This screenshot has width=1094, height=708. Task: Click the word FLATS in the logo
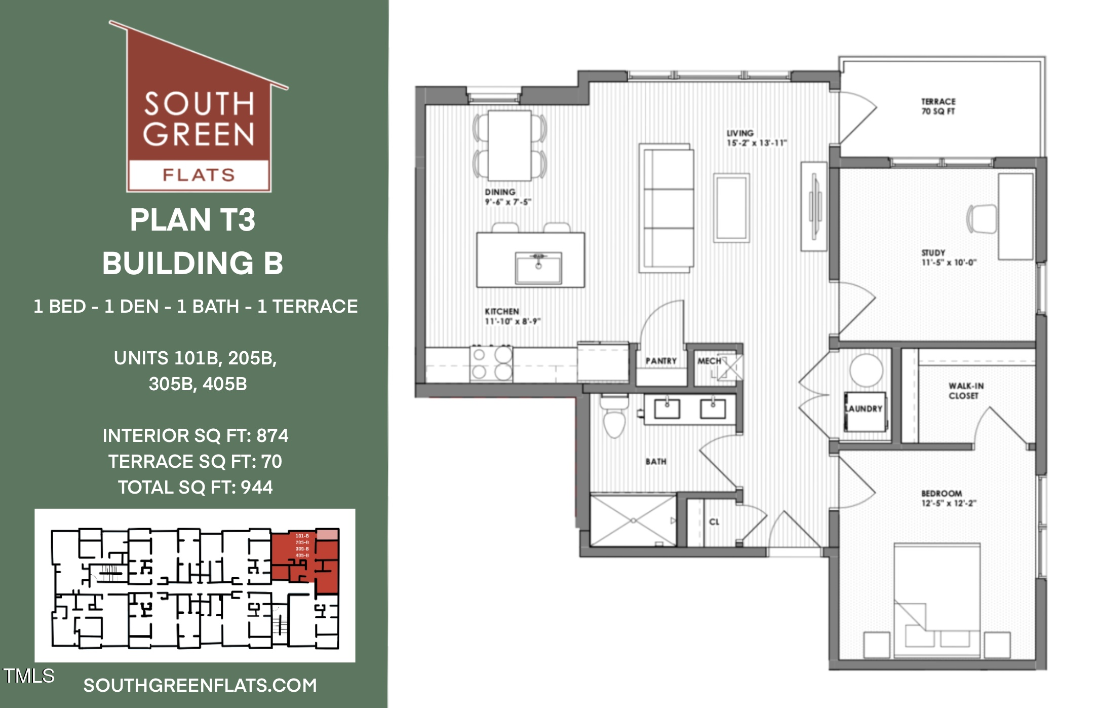pos(199,175)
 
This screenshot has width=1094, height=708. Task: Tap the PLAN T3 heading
pos(192,220)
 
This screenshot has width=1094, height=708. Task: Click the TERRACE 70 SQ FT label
pos(938,106)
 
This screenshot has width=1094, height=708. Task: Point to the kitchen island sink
pos(538,268)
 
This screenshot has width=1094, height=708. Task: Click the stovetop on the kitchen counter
pos(491,363)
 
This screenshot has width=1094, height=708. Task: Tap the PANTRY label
pos(661,361)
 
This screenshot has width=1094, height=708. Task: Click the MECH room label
pos(709,361)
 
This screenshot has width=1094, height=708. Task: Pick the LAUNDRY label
pos(864,408)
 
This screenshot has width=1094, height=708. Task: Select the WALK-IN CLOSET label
pos(966,391)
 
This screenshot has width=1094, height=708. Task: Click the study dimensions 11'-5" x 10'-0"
pos(949,263)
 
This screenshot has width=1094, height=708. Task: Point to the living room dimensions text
pos(757,143)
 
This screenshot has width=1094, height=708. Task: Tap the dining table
pos(510,145)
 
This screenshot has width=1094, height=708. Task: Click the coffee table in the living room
pos(731,208)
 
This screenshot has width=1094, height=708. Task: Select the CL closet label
pos(714,521)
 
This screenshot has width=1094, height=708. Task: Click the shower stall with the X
pos(633,520)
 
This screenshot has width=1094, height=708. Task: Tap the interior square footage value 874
pos(272,436)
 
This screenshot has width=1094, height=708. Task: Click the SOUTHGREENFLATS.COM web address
pos(200,685)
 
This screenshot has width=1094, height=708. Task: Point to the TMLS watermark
pos(29,676)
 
